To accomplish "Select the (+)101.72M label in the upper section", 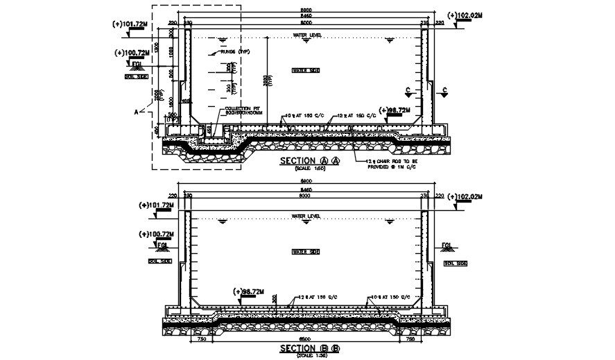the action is tap(128, 24).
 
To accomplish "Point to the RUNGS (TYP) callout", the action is tap(234, 51).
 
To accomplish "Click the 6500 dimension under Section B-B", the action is tap(305, 340).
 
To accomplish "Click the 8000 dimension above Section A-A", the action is tap(306, 22).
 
